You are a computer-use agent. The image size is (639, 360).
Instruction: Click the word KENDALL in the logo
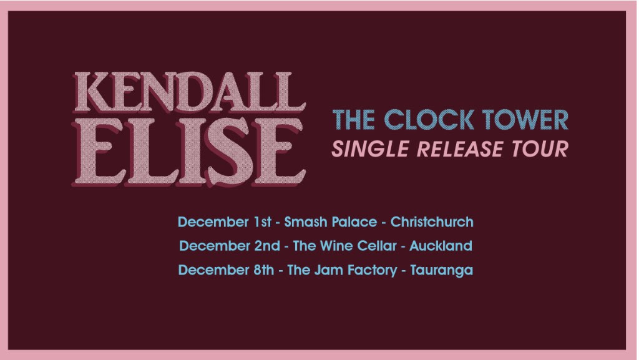tap(190, 93)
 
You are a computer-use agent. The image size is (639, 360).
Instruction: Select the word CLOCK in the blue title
tap(429, 119)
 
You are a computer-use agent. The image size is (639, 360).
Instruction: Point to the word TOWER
tap(525, 119)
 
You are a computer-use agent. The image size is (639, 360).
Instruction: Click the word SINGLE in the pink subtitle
tap(371, 148)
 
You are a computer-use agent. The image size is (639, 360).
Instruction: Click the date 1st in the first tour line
tap(263, 222)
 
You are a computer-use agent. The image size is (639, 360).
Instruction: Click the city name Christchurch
tap(432, 222)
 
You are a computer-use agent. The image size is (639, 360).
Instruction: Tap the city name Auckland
tap(441, 246)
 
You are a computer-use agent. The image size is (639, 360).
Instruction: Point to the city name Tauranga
tap(442, 271)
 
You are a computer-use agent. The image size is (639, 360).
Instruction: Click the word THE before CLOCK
tap(354, 119)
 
